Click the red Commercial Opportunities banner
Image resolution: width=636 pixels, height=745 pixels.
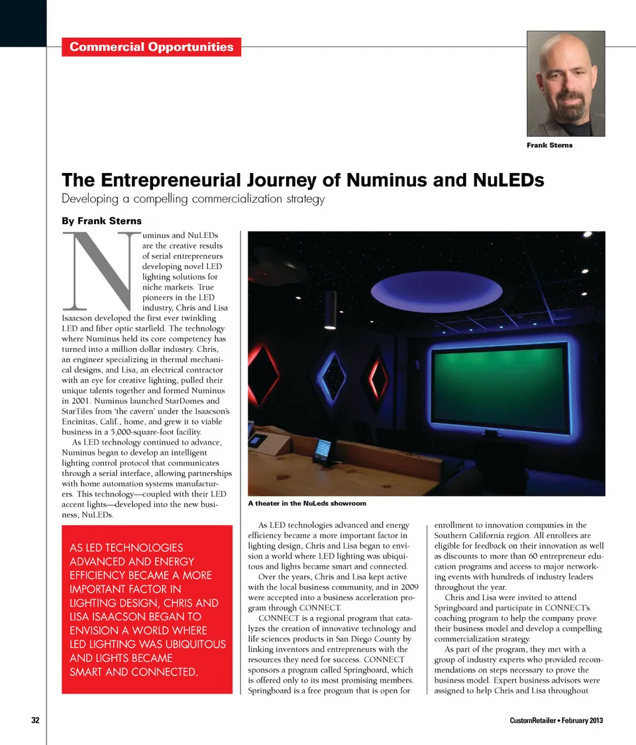coord(151,46)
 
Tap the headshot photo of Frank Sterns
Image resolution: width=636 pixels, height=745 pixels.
coord(566,84)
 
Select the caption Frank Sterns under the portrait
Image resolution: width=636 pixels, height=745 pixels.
coord(549,145)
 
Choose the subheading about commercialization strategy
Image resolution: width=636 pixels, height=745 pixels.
coord(193,199)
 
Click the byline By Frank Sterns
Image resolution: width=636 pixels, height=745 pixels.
coord(101,221)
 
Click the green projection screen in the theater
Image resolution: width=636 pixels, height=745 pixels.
coord(496,386)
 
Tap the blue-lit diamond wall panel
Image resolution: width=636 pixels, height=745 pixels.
coord(330,376)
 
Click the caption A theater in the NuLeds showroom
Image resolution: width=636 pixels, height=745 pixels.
coord(307,504)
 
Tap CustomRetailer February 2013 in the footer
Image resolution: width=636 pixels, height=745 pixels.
coord(556,721)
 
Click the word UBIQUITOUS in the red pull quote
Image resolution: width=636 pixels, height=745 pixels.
coord(187,644)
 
